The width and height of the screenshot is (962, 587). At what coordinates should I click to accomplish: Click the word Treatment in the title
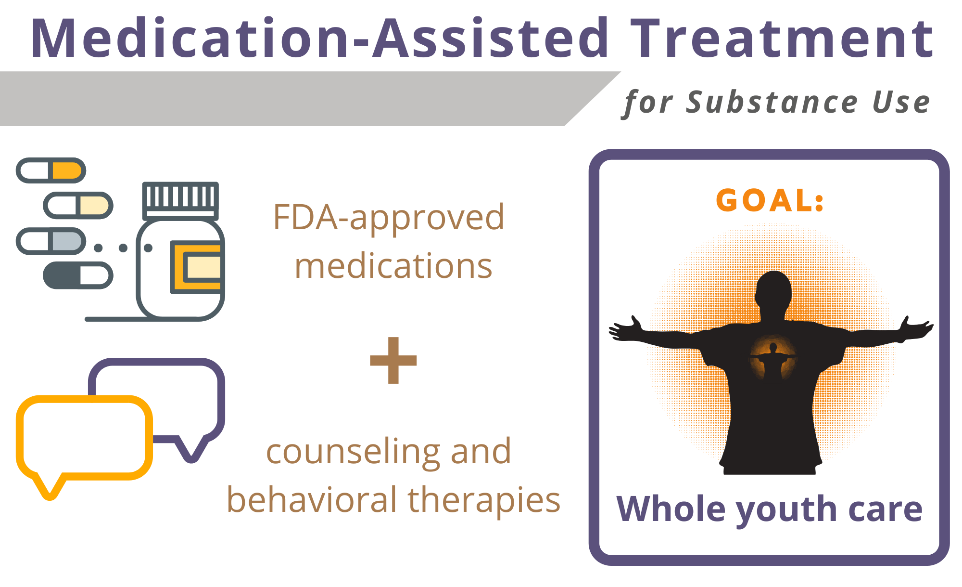click(x=782, y=38)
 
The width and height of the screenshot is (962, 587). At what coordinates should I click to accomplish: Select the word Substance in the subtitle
click(x=772, y=102)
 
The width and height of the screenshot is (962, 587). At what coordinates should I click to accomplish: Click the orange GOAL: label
click(x=770, y=200)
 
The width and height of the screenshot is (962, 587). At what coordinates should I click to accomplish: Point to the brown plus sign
click(x=393, y=360)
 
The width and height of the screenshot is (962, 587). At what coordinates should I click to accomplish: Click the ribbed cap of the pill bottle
click(x=180, y=200)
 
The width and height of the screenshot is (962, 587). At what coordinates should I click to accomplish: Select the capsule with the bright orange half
click(x=51, y=170)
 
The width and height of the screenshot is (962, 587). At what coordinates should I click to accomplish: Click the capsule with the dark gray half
click(x=78, y=275)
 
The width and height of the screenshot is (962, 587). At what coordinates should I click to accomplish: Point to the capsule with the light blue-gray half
click(x=51, y=241)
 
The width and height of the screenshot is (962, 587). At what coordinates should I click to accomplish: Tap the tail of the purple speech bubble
click(x=191, y=448)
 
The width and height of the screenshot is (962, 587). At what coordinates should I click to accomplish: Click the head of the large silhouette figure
click(x=773, y=289)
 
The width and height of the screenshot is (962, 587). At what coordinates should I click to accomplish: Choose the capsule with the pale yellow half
click(x=78, y=205)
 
